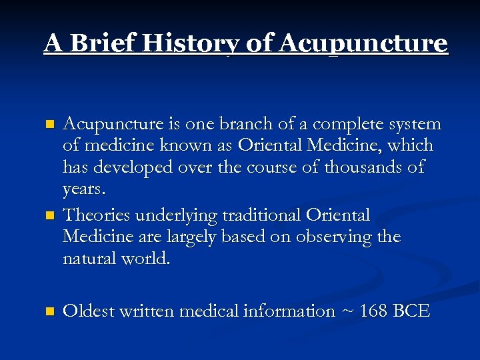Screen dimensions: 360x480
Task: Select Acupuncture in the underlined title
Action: click(x=363, y=45)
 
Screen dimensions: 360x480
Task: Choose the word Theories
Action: click(x=98, y=215)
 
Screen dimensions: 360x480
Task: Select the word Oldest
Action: click(x=89, y=311)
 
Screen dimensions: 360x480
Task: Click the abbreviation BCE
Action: click(x=411, y=311)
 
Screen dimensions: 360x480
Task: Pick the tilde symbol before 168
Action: click(x=347, y=311)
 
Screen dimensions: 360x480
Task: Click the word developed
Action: click(x=137, y=167)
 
